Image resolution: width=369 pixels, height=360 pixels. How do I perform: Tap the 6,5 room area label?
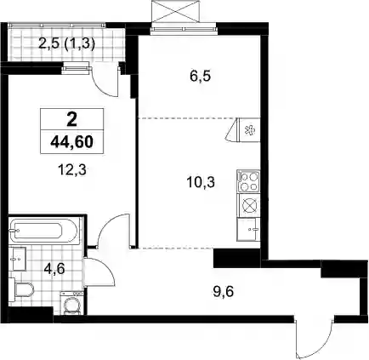(x=200, y=77)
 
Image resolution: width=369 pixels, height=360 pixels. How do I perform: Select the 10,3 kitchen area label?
(x=201, y=182)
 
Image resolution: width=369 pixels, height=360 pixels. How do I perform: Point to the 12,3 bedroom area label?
(x=71, y=170)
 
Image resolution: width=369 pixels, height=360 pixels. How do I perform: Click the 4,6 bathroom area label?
(x=55, y=268)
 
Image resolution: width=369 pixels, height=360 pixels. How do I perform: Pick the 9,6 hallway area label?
(x=223, y=292)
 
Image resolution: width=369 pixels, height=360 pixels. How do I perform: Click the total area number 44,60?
(x=72, y=142)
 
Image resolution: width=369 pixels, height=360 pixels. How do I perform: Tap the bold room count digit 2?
(x=72, y=120)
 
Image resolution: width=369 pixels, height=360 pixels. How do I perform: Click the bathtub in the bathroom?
(x=43, y=231)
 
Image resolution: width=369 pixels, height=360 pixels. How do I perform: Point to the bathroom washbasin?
(x=17, y=258)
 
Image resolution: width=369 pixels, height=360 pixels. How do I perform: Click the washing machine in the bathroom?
(x=72, y=303)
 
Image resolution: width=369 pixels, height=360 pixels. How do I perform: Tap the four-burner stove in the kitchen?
(x=248, y=181)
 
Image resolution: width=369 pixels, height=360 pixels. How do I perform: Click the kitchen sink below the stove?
(x=248, y=229)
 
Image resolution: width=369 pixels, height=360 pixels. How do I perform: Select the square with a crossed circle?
(x=249, y=205)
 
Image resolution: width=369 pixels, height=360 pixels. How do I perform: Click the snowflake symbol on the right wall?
(x=250, y=130)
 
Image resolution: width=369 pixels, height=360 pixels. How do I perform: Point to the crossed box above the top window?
(x=176, y=12)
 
